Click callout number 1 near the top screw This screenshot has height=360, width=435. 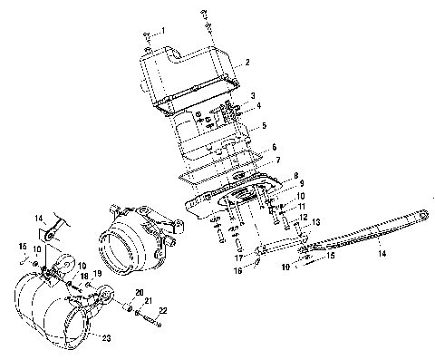click(x=163, y=31)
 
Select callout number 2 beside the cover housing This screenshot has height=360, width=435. click(x=247, y=63)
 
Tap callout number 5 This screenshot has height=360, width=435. click(x=265, y=125)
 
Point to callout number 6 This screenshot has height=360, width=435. click(x=274, y=147)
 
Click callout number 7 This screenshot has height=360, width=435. click(x=278, y=161)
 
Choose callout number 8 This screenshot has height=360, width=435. click(x=296, y=175)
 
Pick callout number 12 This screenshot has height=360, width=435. click(x=304, y=217)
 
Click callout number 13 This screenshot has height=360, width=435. click(x=315, y=222)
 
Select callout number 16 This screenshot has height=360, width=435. click(x=238, y=270)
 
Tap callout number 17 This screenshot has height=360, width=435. click(x=239, y=258)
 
